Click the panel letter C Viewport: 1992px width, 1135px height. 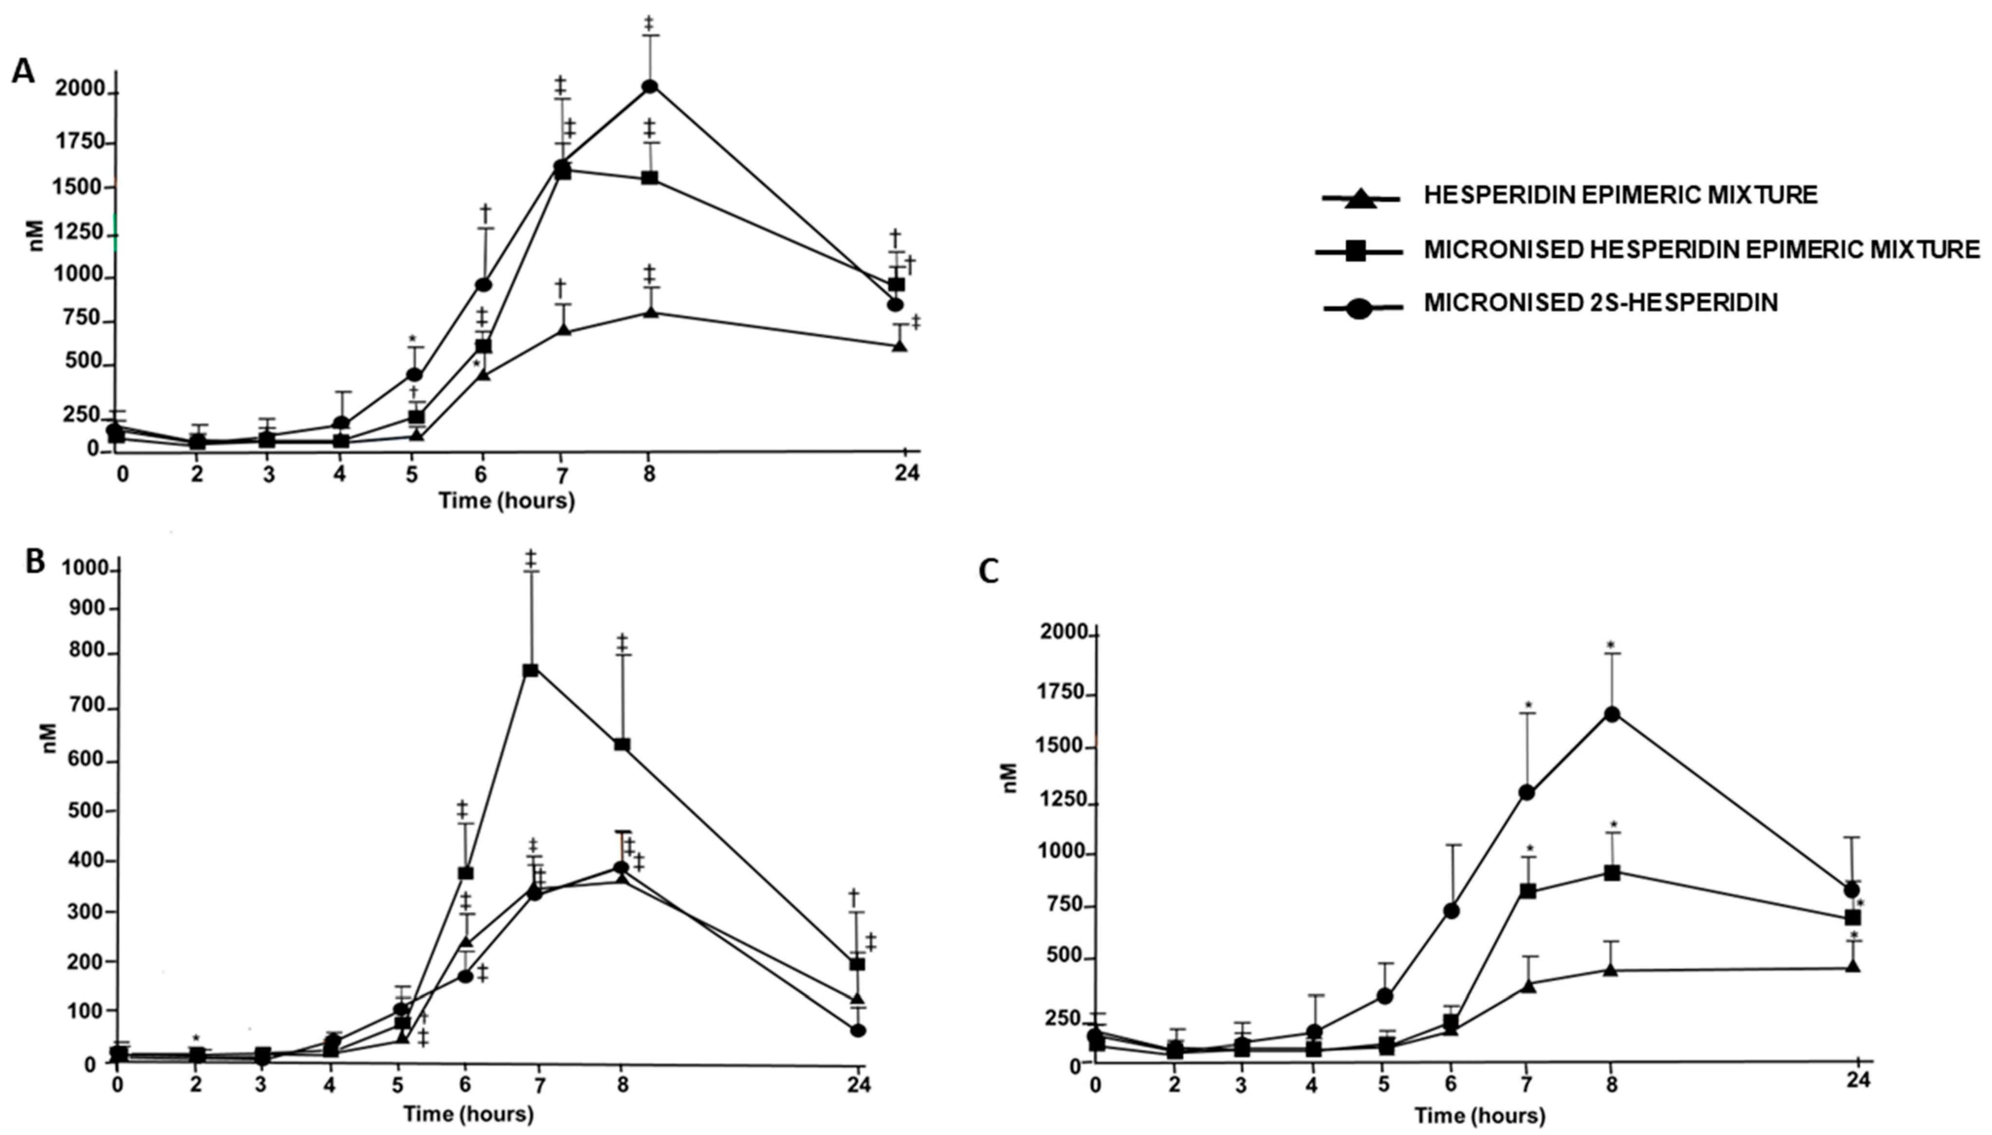989,572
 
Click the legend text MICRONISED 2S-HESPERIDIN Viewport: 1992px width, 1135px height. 1601,303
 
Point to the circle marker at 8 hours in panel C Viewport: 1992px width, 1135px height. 1612,715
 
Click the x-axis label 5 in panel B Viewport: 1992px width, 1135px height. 398,1084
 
